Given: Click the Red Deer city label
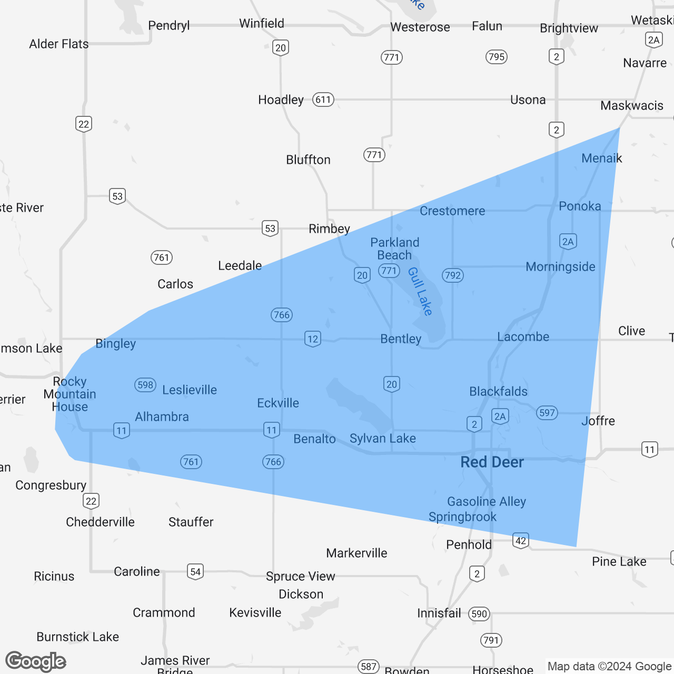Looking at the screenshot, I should (x=492, y=462).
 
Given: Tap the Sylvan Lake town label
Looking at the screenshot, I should (x=383, y=439).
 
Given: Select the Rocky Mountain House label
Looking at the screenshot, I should (x=70, y=394).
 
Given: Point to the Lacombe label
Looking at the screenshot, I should (x=523, y=337).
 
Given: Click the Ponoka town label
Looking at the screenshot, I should (x=580, y=206).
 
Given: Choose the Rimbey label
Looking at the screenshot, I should (x=329, y=229).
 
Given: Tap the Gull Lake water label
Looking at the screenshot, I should (x=420, y=291).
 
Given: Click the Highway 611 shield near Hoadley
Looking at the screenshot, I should (x=323, y=100).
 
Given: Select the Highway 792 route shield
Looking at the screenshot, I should (x=452, y=275).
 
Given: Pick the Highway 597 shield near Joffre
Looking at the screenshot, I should (x=547, y=413).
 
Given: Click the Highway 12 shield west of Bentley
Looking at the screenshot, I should (x=313, y=339).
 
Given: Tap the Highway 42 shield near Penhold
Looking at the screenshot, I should (x=521, y=541).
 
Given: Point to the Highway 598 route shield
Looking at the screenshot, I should (x=145, y=385).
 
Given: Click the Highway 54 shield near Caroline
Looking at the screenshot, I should (x=195, y=571).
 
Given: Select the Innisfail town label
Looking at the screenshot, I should (x=439, y=613).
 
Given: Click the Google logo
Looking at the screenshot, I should (x=36, y=661).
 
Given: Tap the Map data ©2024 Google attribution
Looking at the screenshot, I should (x=609, y=667).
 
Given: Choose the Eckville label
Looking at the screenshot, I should (x=278, y=403).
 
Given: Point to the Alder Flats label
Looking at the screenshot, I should (x=59, y=44).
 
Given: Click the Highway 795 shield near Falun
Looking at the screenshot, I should (x=497, y=57).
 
